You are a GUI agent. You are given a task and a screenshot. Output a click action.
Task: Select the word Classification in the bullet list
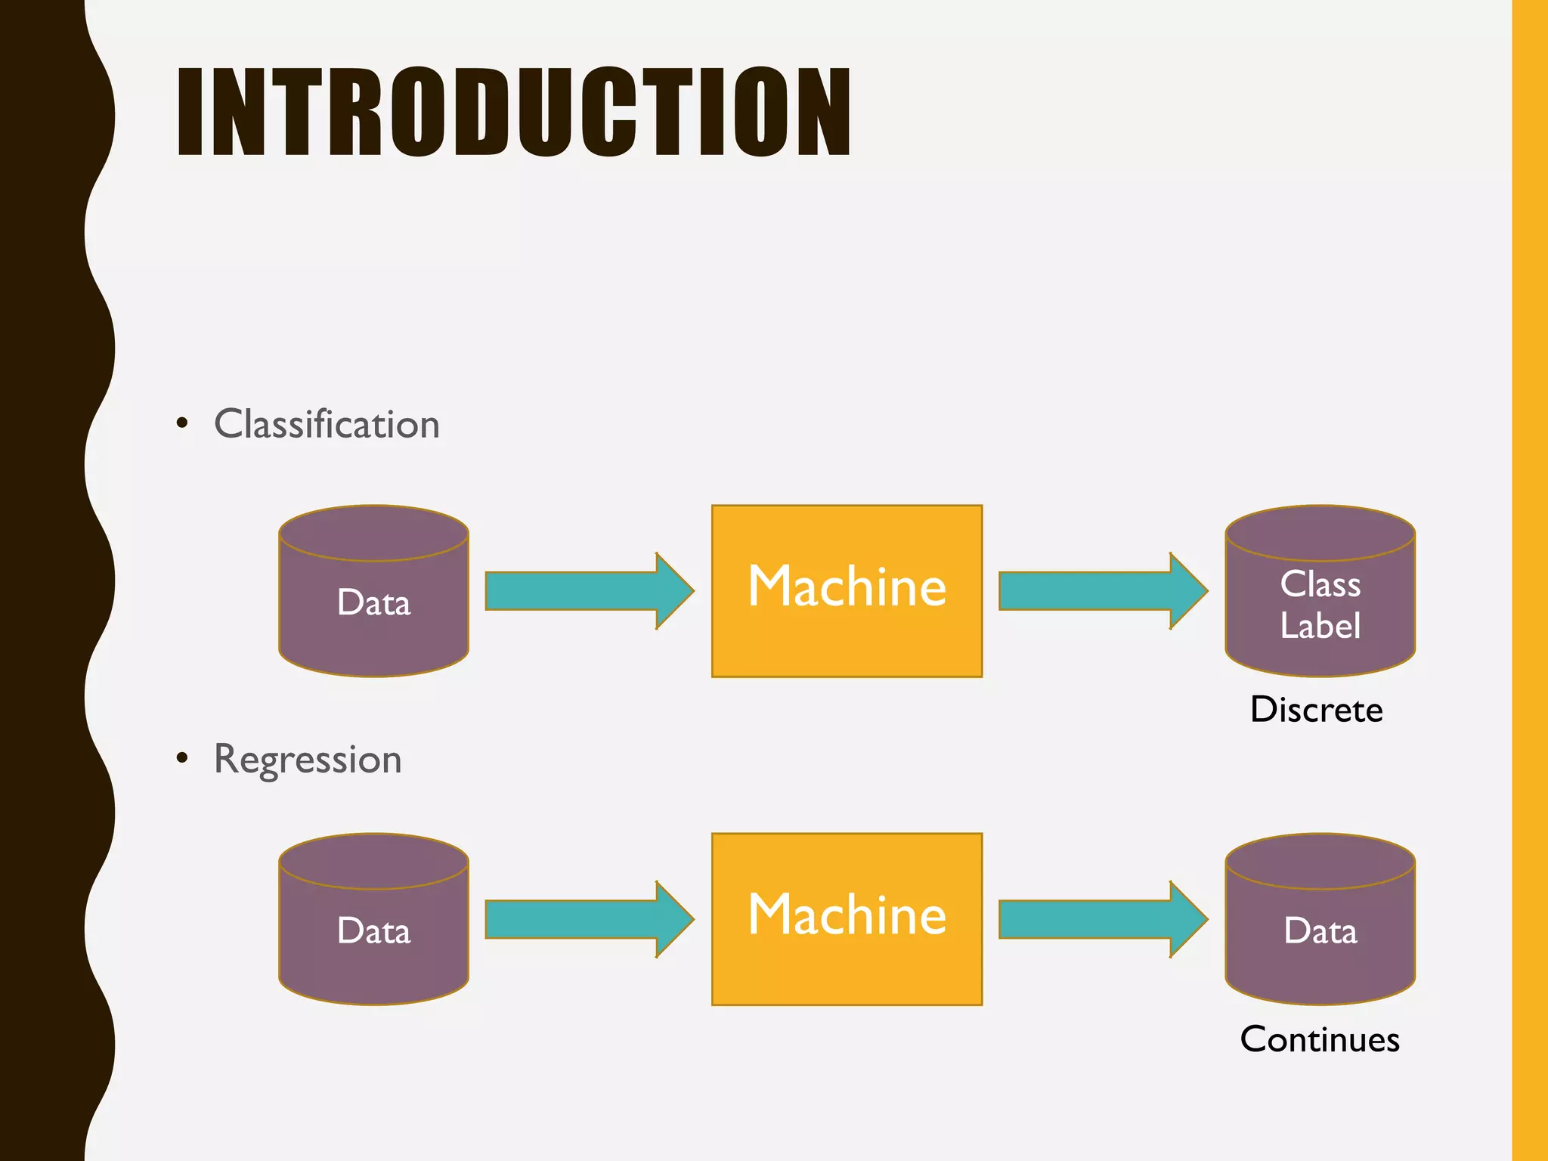tap(327, 424)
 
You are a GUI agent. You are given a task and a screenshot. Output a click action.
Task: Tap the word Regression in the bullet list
tap(308, 759)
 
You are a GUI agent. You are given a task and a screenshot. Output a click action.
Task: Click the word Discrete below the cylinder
tap(1316, 710)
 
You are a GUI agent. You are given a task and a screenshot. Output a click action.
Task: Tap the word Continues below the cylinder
tap(1320, 1039)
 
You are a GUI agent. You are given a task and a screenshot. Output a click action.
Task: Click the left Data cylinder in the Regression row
tap(373, 930)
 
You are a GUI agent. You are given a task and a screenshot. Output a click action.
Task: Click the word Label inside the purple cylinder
tap(1320, 626)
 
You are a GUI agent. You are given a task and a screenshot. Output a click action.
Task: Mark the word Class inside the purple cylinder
tap(1320, 584)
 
